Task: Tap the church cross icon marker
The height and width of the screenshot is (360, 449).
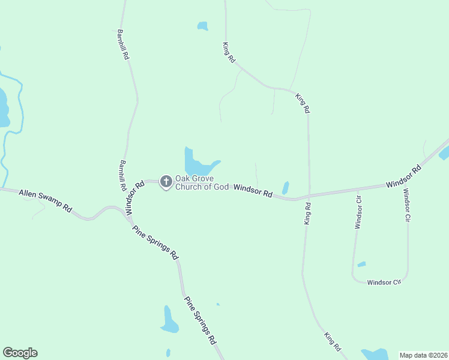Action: pos(166,181)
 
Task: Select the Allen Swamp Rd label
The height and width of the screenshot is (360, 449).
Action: pos(46,201)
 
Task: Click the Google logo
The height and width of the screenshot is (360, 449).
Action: pos(20,353)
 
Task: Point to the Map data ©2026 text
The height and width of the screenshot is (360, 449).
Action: pos(423,355)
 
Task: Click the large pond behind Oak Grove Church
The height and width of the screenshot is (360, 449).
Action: pos(194,163)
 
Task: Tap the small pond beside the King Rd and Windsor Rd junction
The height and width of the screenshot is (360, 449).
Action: pos(286,188)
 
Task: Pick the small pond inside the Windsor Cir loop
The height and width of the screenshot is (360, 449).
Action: pos(361,264)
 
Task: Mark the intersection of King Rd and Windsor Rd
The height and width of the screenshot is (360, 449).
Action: pos(309,196)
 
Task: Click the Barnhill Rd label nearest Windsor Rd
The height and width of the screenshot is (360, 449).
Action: pos(122,175)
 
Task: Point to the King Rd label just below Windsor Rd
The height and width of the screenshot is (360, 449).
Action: pos(307,214)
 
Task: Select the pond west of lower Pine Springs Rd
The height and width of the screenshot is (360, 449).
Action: pos(169,321)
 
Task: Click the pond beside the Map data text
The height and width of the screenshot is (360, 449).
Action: pos(376,355)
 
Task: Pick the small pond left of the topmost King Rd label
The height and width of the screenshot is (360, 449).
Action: pos(202,26)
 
